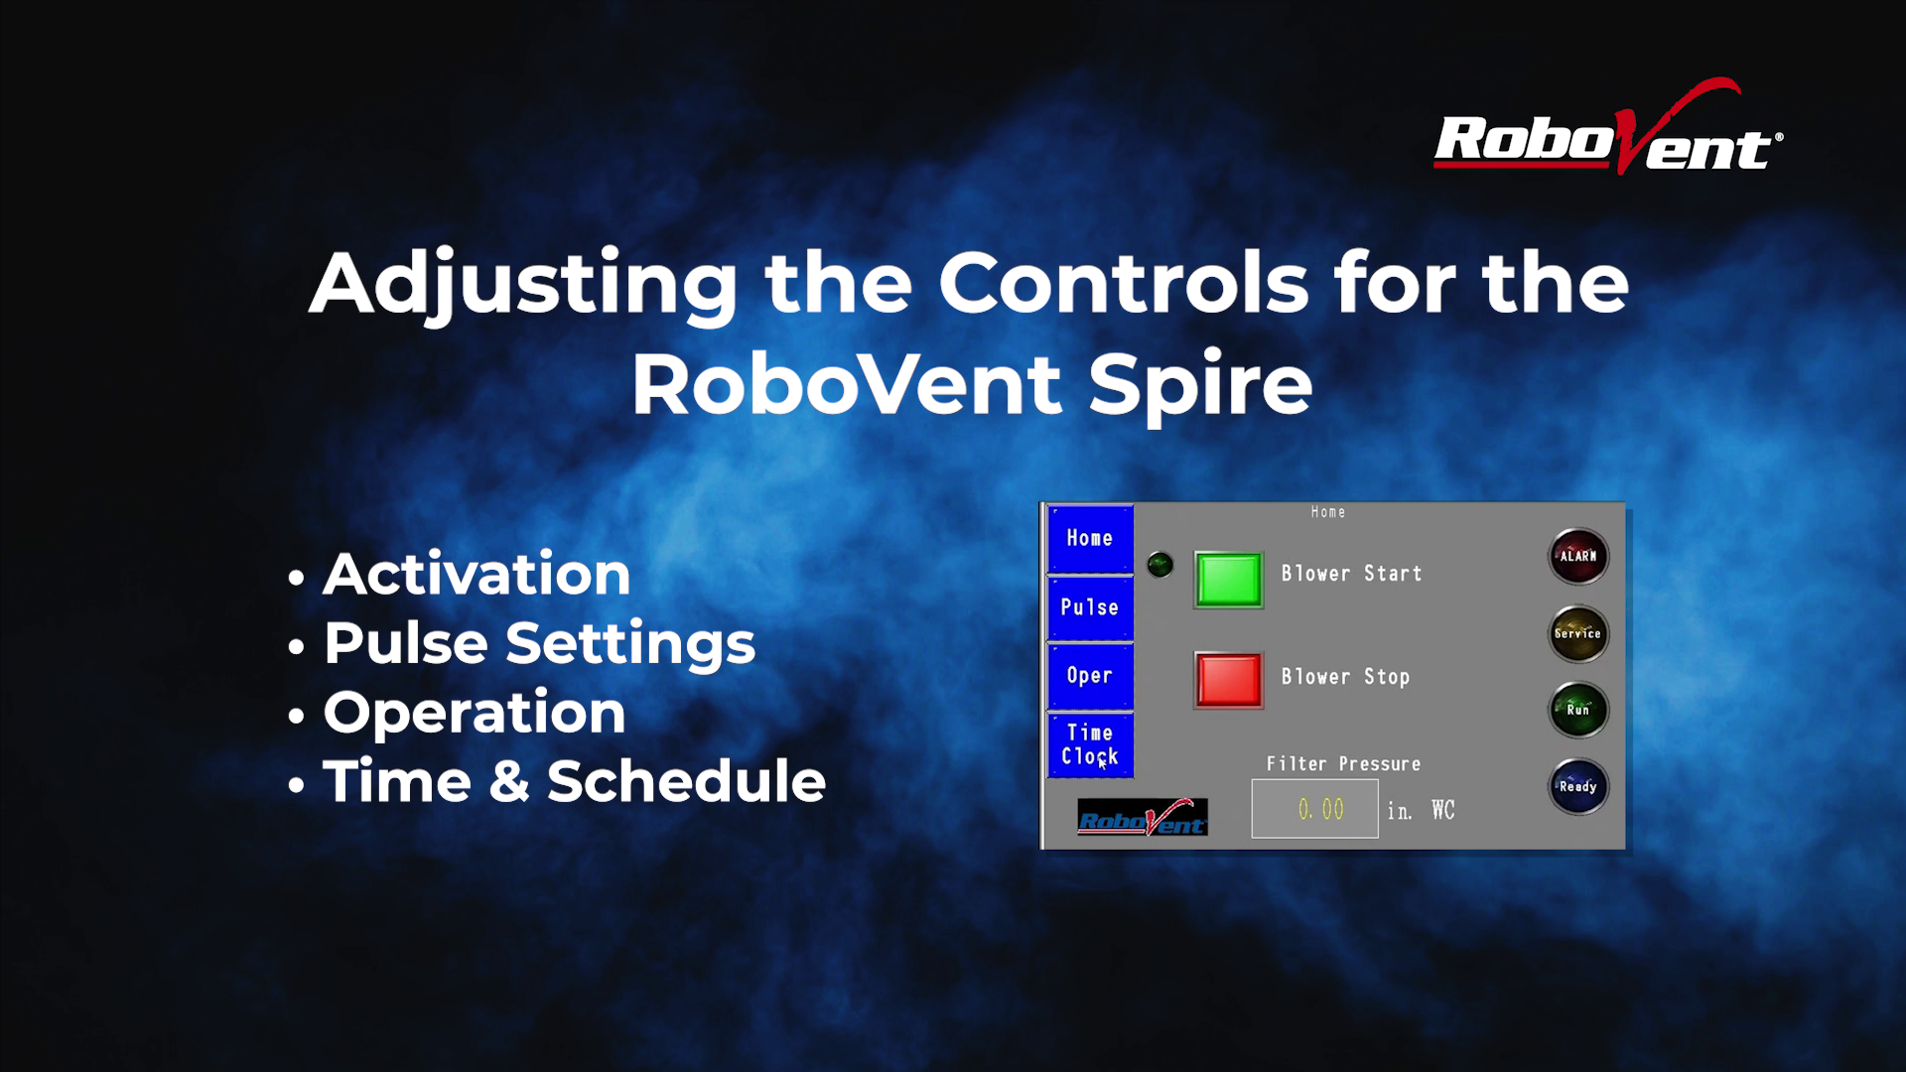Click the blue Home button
tap(1090, 538)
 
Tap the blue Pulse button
tap(1090, 607)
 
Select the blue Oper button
tap(1090, 676)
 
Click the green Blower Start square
tap(1228, 580)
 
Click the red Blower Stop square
tap(1228, 680)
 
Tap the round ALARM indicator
tap(1578, 556)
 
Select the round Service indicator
tap(1578, 633)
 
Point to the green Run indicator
tap(1578, 710)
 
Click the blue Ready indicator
tap(1578, 787)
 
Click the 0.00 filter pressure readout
tap(1315, 809)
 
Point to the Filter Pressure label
tap(1343, 764)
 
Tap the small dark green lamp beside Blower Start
tap(1159, 565)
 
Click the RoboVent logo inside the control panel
tap(1143, 817)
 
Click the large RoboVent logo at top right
tap(1608, 129)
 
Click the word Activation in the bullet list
tap(476, 574)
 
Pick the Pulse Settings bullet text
tap(539, 644)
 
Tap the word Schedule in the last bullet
tap(687, 780)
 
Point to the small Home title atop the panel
tap(1328, 512)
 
